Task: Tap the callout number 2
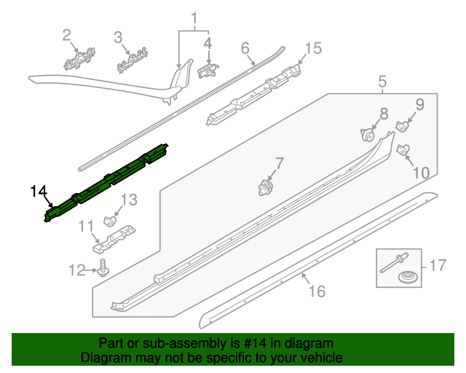(x=66, y=34)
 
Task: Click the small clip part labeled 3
(x=133, y=60)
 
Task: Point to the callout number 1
(x=194, y=17)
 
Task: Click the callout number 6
(x=245, y=48)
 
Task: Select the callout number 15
(x=312, y=49)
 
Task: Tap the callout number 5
(x=382, y=85)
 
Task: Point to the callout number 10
(x=422, y=173)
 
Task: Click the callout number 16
(x=316, y=291)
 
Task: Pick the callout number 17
(x=437, y=265)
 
